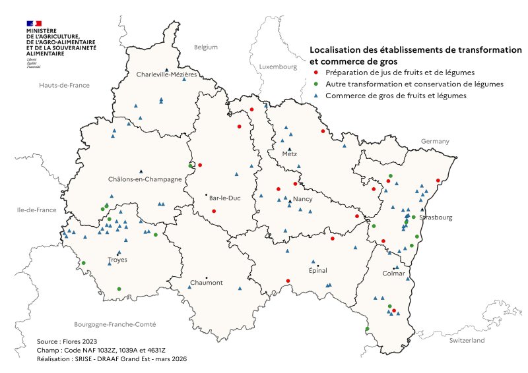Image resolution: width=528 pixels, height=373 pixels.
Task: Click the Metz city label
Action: [x=289, y=154]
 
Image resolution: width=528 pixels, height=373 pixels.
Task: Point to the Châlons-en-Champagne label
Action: [x=144, y=179]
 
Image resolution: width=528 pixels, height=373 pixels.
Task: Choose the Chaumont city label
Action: [x=206, y=283]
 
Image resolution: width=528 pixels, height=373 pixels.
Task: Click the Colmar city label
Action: [x=394, y=273]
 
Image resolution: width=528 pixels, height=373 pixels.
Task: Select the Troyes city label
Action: [x=117, y=260]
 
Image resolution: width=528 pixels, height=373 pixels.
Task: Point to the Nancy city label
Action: [x=302, y=198]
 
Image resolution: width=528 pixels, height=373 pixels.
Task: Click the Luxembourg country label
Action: [x=279, y=67]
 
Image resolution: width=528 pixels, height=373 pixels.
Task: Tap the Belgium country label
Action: [x=205, y=47]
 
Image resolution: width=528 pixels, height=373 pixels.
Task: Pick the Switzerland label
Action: [x=467, y=340]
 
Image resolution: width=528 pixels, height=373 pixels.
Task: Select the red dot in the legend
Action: [x=316, y=72]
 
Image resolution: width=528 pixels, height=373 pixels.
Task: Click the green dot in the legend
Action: [x=316, y=84]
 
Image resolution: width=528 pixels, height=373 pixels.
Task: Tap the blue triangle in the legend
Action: [x=316, y=96]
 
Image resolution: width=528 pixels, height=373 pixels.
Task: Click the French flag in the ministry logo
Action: [x=34, y=23]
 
